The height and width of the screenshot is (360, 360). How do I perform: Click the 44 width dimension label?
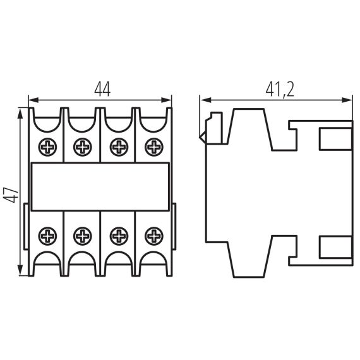pyautogui.click(x=102, y=90)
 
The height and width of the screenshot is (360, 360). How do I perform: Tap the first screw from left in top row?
pyautogui.click(x=48, y=148)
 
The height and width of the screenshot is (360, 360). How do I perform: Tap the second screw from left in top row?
pyautogui.click(x=83, y=148)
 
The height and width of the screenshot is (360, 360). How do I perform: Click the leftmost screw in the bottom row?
pyautogui.click(x=48, y=237)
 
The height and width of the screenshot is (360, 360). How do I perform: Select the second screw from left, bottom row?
pyautogui.click(x=83, y=237)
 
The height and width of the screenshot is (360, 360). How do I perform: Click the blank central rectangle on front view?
pyautogui.click(x=100, y=187)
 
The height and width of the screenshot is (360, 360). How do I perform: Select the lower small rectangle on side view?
pyautogui.click(x=335, y=247)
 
